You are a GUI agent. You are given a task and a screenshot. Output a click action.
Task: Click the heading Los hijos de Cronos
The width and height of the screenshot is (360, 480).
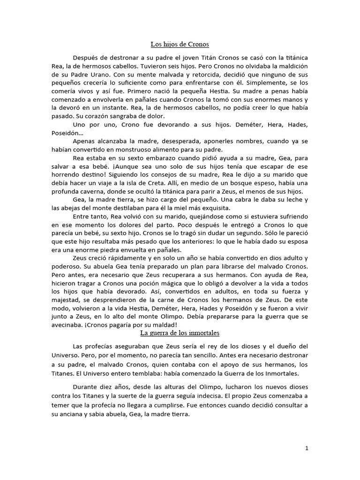point(180,45)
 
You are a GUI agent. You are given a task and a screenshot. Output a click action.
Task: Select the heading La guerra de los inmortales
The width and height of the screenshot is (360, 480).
point(180,333)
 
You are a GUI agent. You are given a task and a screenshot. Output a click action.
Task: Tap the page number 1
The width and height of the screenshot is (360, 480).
point(307,448)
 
